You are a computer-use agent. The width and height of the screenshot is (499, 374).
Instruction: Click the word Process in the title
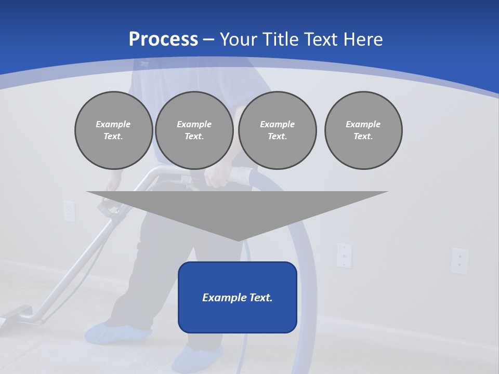click(163, 39)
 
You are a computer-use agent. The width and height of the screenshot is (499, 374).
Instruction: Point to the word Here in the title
click(363, 39)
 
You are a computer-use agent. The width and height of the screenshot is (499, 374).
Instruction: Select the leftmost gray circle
click(113, 130)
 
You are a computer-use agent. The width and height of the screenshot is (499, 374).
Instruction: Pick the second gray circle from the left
click(194, 130)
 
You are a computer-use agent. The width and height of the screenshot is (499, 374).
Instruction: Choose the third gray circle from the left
click(277, 130)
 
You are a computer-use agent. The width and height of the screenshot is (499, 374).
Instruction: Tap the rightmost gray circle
click(363, 130)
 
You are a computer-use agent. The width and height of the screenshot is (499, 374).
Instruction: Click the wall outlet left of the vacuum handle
click(69, 211)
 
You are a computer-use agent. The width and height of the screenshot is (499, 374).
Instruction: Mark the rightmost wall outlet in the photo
click(459, 260)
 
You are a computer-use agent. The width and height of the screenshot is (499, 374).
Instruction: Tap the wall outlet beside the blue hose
click(344, 255)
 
